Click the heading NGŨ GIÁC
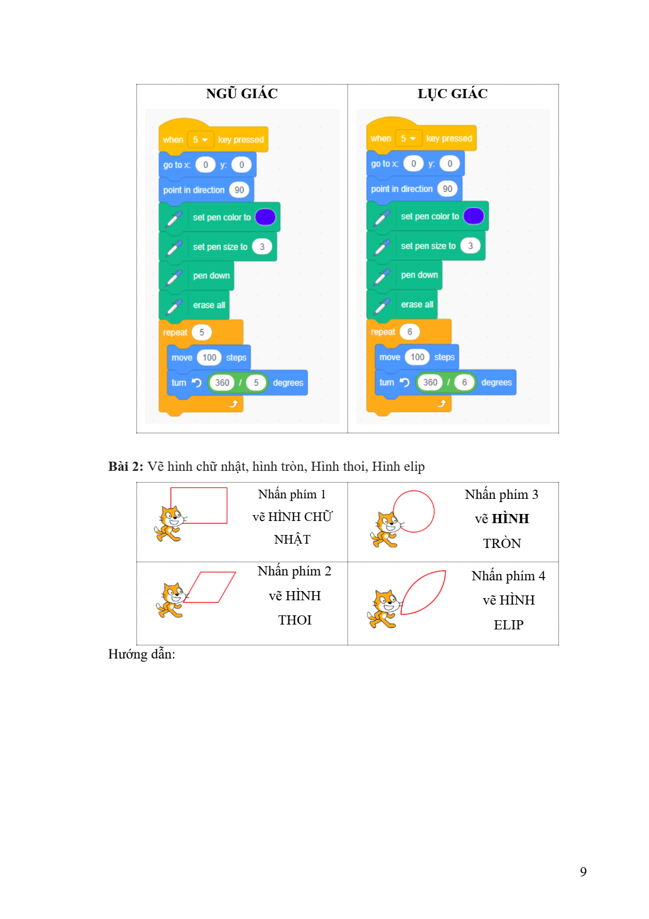tap(241, 94)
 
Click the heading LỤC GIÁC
tap(452, 94)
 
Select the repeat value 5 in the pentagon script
tap(202, 332)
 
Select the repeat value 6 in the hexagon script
tap(410, 332)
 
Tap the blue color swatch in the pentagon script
tap(265, 217)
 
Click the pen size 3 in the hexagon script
tap(470, 246)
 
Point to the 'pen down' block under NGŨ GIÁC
tap(211, 276)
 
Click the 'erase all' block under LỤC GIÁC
tap(417, 305)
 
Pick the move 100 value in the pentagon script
tap(209, 358)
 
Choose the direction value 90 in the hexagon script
tap(447, 189)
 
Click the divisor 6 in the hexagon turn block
tap(464, 382)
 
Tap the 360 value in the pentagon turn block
tap(222, 383)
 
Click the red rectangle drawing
tap(199, 505)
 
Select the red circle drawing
tap(413, 511)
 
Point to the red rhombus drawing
tap(211, 587)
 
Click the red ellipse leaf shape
tap(424, 592)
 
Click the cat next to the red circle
tap(385, 530)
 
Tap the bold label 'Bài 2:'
tap(126, 467)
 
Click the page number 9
tap(583, 872)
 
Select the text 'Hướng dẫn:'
tap(141, 654)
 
